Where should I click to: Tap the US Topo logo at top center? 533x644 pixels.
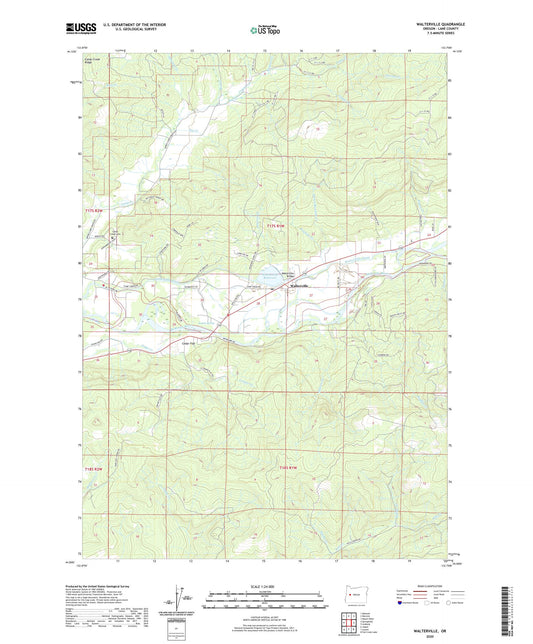pos(263,30)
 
